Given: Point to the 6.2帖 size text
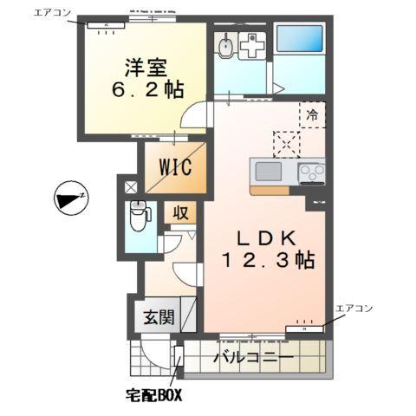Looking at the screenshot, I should (x=146, y=88).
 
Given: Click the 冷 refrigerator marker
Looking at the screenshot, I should (x=312, y=114).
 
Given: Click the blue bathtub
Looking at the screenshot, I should (x=299, y=39).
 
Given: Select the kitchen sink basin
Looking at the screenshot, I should (x=269, y=171).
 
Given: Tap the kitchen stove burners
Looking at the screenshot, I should (x=311, y=172).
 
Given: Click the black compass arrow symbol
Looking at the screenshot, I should (x=68, y=198).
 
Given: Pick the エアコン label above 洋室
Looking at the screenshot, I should (x=54, y=11).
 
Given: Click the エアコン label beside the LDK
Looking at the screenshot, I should (x=354, y=309).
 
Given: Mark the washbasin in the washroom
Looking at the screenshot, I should (x=224, y=43).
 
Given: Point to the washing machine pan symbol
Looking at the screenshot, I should (x=254, y=46).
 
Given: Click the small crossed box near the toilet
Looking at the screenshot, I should (x=131, y=185).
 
